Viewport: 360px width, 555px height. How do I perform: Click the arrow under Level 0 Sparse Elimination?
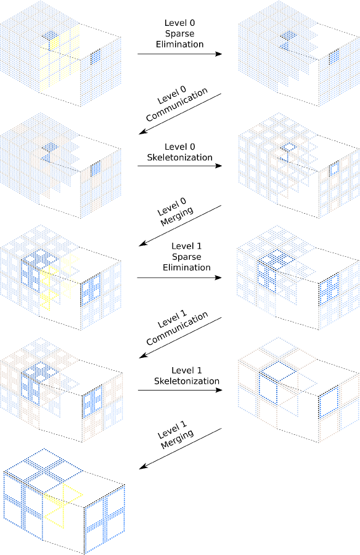(x=179, y=54)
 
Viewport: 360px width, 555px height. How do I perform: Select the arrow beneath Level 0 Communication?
(x=180, y=114)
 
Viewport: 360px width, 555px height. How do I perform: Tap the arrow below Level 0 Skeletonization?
(x=179, y=166)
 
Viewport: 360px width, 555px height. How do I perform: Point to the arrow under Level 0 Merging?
(x=180, y=225)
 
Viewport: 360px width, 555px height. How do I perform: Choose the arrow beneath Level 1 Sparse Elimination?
(x=179, y=277)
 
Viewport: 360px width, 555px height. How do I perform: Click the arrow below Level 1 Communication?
(x=180, y=338)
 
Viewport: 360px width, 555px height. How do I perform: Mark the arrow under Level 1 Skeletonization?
(x=180, y=390)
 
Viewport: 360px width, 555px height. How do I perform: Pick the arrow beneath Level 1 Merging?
(x=180, y=449)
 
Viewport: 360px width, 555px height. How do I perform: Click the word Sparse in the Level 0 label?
(x=179, y=34)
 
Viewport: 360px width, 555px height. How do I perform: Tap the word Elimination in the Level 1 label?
(x=187, y=267)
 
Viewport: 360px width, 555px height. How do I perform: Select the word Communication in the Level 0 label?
(x=176, y=105)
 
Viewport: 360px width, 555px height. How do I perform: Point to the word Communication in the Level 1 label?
(x=177, y=328)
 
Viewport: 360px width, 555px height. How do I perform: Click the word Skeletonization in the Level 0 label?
(x=179, y=157)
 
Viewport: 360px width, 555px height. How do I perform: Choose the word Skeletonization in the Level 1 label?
(x=187, y=381)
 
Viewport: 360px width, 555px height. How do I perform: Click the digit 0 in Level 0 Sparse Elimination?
(x=192, y=23)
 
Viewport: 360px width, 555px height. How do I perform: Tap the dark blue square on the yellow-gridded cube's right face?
(x=96, y=57)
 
